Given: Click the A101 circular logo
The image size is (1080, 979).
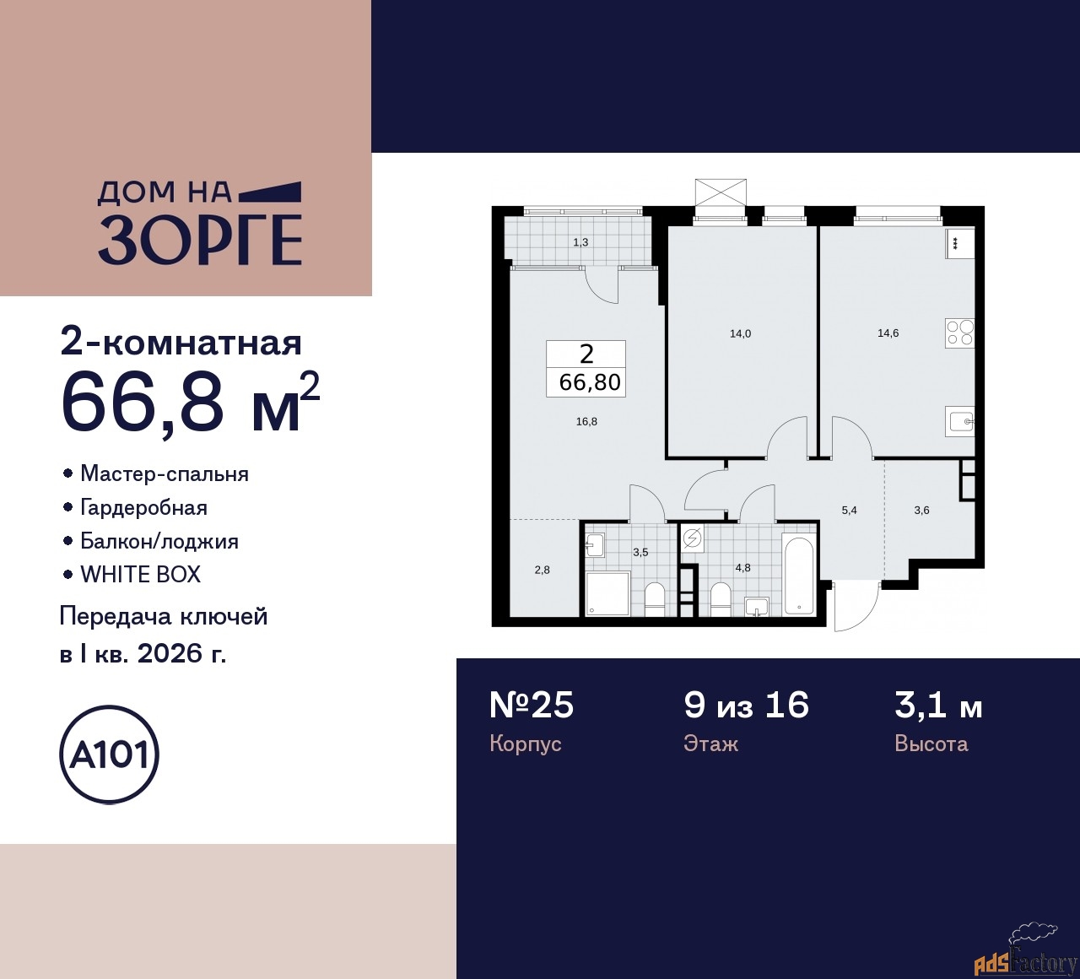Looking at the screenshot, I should pyautogui.click(x=110, y=754).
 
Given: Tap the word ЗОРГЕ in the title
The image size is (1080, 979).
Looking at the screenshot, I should pyautogui.click(x=200, y=241).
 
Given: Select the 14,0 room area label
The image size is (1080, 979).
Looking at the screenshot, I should pyautogui.click(x=740, y=333).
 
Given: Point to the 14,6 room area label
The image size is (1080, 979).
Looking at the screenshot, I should pyautogui.click(x=888, y=333).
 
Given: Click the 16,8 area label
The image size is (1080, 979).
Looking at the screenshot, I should pyautogui.click(x=586, y=421).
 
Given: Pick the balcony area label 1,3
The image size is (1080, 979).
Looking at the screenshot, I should pyautogui.click(x=580, y=242).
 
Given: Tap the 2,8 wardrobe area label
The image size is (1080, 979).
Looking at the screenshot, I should pyautogui.click(x=542, y=570).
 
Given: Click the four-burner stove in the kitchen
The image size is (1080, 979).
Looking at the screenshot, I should pyautogui.click(x=959, y=333).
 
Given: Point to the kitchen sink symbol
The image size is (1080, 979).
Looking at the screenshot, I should pyautogui.click(x=960, y=419).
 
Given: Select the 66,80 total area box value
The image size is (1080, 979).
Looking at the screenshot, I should pyautogui.click(x=590, y=382).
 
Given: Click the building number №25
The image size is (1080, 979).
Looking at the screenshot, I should pyautogui.click(x=532, y=705).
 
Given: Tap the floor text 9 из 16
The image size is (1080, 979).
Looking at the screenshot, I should pyautogui.click(x=746, y=705).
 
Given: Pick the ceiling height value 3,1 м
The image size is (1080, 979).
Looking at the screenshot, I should pyautogui.click(x=938, y=705).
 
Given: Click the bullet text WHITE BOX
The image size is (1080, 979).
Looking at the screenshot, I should pyautogui.click(x=140, y=575).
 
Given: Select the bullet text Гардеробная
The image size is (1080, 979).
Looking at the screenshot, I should pyautogui.click(x=143, y=507).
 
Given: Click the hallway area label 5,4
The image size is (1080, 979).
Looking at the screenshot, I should pyautogui.click(x=849, y=510).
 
